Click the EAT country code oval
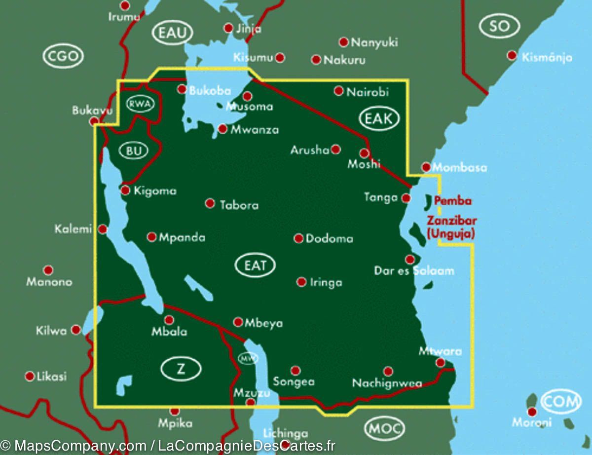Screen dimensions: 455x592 coord(255,265)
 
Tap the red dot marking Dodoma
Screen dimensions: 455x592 coord(298,239)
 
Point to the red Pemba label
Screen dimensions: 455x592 coord(452,201)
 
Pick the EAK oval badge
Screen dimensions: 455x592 coord(379,118)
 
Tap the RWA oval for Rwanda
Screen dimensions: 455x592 coord(141,104)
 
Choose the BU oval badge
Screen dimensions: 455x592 coord(134,151)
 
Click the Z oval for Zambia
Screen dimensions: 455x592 coord(181,368)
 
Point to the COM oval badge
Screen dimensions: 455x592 coord(561,402)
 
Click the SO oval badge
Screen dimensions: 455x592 coord(499,26)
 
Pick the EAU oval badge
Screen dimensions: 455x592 coord(172,33)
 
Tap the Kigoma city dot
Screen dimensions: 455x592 coord(126,190)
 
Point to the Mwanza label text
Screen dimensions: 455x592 coord(255,130)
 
